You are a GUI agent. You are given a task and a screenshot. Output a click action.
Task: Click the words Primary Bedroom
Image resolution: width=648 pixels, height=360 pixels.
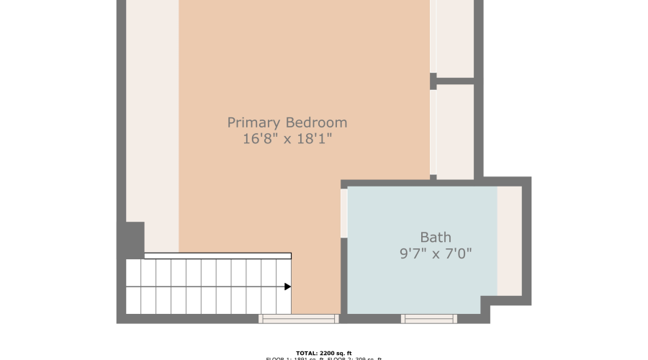click(x=287, y=122)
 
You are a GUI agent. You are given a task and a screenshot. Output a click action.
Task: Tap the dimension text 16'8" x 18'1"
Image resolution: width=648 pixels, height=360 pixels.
click(x=287, y=139)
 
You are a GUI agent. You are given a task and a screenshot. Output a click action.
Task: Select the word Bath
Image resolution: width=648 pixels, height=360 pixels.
click(x=436, y=237)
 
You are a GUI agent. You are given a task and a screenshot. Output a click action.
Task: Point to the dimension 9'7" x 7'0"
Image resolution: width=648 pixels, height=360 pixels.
click(x=436, y=253)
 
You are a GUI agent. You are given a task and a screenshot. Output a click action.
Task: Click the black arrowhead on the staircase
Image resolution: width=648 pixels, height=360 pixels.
click(x=287, y=287)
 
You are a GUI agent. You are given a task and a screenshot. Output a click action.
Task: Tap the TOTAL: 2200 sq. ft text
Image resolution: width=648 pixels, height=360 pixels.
click(x=323, y=353)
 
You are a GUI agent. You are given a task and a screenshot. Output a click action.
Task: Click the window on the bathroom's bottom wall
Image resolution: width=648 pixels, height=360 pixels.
click(x=428, y=318)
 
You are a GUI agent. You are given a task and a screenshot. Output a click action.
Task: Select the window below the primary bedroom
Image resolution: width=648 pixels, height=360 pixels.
click(x=299, y=318)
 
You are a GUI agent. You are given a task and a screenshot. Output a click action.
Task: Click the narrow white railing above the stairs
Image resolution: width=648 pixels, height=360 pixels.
click(x=217, y=256)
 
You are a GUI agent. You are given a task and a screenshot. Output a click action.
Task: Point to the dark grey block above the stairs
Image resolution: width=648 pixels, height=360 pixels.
click(x=135, y=240)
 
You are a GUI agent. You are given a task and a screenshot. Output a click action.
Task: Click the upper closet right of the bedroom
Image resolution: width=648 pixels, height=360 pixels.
click(x=455, y=37)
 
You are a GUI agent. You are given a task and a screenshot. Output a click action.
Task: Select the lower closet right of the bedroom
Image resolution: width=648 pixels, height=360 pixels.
click(x=455, y=131)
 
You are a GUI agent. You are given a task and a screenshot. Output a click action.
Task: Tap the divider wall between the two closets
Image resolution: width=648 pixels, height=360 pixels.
click(x=454, y=81)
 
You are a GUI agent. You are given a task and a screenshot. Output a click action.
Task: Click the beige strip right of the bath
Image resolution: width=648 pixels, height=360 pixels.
click(x=510, y=240)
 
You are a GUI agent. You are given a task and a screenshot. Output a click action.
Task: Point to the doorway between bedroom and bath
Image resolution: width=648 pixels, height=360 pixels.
click(x=344, y=213)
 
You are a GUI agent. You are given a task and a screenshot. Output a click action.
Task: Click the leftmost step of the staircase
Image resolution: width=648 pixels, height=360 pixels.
click(x=133, y=287)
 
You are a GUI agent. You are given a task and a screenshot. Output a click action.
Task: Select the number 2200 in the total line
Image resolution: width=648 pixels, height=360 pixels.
click(x=325, y=353)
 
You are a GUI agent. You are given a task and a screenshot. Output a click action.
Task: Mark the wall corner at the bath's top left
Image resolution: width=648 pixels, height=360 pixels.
click(x=344, y=184)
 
